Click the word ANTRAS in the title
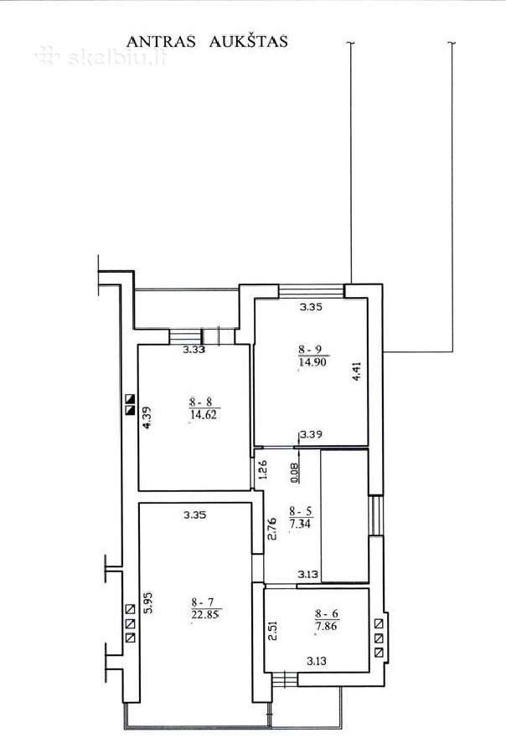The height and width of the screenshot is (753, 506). click(161, 42)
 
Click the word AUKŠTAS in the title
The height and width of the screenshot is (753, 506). click(248, 41)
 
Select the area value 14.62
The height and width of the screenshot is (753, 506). click(204, 414)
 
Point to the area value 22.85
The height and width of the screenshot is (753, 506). click(205, 614)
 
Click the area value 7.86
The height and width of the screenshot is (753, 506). click(327, 626)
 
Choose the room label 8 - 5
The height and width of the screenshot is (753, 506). click(301, 511)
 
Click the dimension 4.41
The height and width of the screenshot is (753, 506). click(356, 371)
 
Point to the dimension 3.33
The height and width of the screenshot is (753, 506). click(194, 350)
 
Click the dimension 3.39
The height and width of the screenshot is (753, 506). click(311, 434)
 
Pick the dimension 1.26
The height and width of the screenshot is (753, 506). click(262, 470)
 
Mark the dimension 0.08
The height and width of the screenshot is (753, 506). click(295, 472)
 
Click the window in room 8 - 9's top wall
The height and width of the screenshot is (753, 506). click(312, 290)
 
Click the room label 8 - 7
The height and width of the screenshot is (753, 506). click(203, 602)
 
